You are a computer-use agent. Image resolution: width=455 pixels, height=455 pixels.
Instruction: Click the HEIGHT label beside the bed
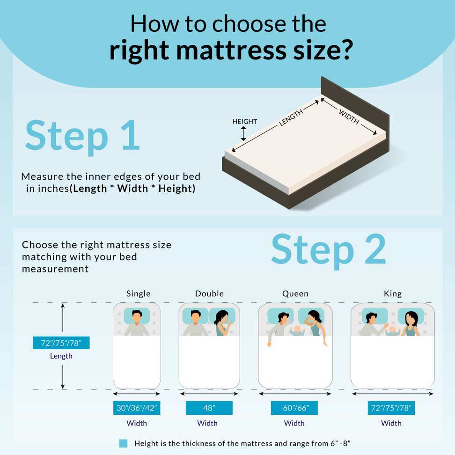[245, 121]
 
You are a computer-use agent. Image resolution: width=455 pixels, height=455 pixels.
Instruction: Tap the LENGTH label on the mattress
[291, 118]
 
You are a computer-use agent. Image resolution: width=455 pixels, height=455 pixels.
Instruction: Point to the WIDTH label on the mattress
[349, 117]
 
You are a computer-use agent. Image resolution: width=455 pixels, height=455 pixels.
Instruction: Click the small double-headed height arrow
[243, 134]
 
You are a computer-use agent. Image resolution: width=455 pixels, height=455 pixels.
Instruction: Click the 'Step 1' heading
[83, 136]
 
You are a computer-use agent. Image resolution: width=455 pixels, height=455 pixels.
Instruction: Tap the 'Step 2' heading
[329, 250]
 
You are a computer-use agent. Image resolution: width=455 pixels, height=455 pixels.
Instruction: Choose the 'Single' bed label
[139, 294]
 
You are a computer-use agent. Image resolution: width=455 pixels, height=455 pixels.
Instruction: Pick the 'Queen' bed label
[295, 294]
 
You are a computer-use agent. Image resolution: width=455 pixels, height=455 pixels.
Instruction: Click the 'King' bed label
[393, 294]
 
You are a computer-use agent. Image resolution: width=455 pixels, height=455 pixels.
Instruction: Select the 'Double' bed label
[209, 294]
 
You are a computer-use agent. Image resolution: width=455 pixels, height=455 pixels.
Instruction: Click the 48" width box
[209, 408]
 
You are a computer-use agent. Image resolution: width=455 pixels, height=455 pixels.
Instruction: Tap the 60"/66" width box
[294, 408]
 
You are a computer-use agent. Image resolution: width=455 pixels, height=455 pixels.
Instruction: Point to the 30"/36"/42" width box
[137, 408]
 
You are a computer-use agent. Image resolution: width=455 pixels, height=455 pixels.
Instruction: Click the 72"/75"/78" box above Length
[61, 343]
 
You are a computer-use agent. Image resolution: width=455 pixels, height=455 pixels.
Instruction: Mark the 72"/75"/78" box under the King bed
[391, 408]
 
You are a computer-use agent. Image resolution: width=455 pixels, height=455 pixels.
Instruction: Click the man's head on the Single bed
[137, 316]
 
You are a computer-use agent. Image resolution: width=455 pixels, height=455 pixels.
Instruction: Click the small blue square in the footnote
[123, 443]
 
